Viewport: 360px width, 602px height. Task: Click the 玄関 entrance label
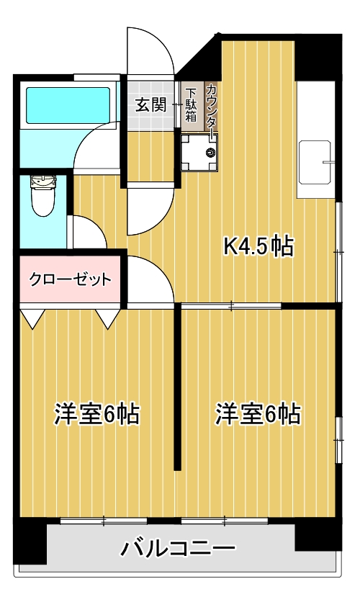click(x=150, y=104)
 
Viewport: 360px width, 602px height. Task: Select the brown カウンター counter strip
click(x=211, y=107)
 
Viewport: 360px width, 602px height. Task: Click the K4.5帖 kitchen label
click(x=258, y=246)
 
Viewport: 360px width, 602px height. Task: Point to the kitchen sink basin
click(x=315, y=162)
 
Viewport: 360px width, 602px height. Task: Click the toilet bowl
click(x=43, y=202)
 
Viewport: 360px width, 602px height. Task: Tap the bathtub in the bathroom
click(x=68, y=105)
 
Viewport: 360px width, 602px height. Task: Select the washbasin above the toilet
click(x=43, y=181)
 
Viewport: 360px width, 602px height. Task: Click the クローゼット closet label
click(x=71, y=279)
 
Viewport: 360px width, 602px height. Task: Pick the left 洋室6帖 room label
click(x=96, y=414)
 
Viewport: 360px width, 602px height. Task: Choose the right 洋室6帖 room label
click(x=258, y=414)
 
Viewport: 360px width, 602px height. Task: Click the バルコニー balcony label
click(x=177, y=548)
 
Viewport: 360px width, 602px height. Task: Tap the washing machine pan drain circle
click(x=211, y=153)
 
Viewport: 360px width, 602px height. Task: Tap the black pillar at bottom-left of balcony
click(x=30, y=541)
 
